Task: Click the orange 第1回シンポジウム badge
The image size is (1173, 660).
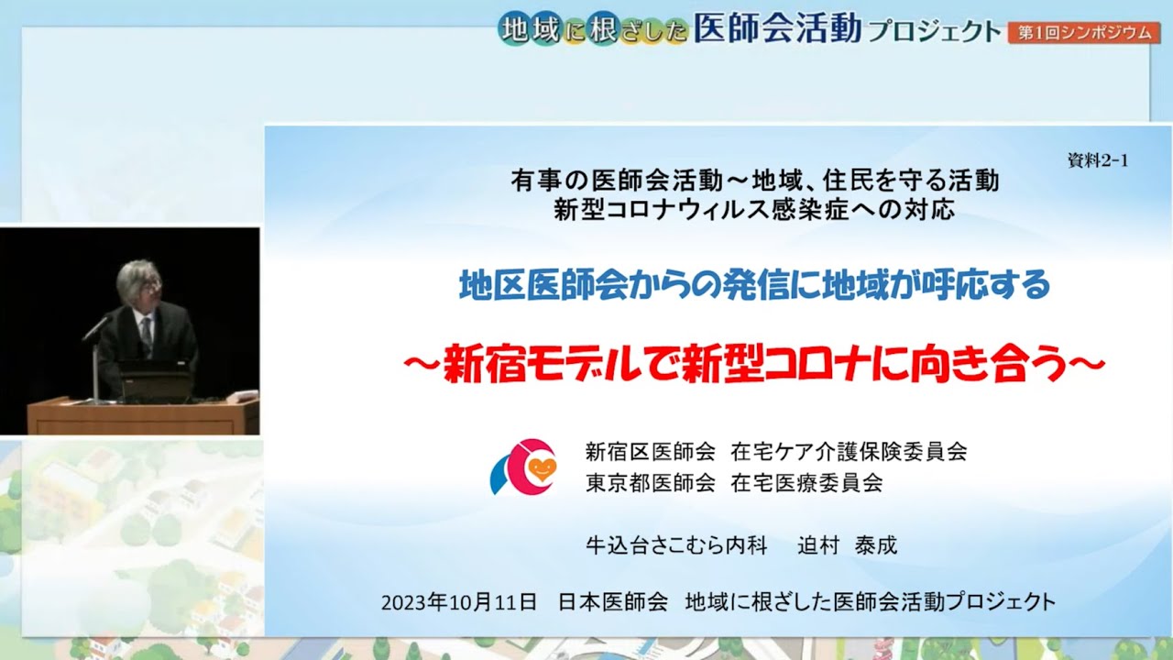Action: point(1084,33)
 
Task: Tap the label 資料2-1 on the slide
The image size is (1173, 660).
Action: point(1098,160)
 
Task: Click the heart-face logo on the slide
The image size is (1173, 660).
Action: point(524,467)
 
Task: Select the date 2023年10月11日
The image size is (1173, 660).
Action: point(459,602)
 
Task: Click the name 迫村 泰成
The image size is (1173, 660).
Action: point(848,545)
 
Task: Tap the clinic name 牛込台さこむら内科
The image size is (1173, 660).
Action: point(676,545)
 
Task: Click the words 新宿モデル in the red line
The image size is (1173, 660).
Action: point(542,363)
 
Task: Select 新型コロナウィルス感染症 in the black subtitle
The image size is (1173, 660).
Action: point(701,210)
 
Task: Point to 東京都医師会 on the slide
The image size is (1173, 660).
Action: point(651,482)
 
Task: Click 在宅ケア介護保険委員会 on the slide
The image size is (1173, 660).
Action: point(849,451)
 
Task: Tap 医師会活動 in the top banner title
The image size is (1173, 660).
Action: point(778,27)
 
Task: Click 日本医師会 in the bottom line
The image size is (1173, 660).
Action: point(613,602)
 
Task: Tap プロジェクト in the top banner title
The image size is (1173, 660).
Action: point(934,31)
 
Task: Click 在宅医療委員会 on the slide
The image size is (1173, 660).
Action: point(807,482)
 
